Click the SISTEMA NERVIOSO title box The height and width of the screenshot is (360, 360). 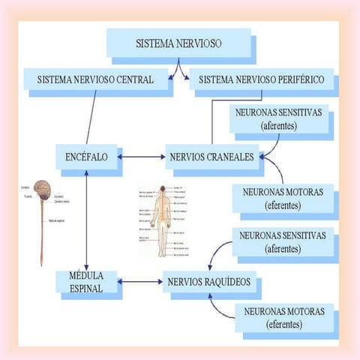point(178,43)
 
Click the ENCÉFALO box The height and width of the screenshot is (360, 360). point(86,157)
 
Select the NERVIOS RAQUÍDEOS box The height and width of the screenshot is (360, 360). point(211,283)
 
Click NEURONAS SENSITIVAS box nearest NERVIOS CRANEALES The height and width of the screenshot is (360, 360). point(278,118)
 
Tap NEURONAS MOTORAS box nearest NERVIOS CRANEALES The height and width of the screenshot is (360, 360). point(283,198)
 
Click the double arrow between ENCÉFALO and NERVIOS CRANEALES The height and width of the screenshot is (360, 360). point(141,157)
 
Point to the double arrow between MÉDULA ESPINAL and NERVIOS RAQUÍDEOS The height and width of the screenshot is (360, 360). point(140,283)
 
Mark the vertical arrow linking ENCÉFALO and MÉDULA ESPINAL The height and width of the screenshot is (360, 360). point(87,220)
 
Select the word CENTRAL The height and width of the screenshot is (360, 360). point(135,79)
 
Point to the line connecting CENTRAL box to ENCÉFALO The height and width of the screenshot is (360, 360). point(91,117)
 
